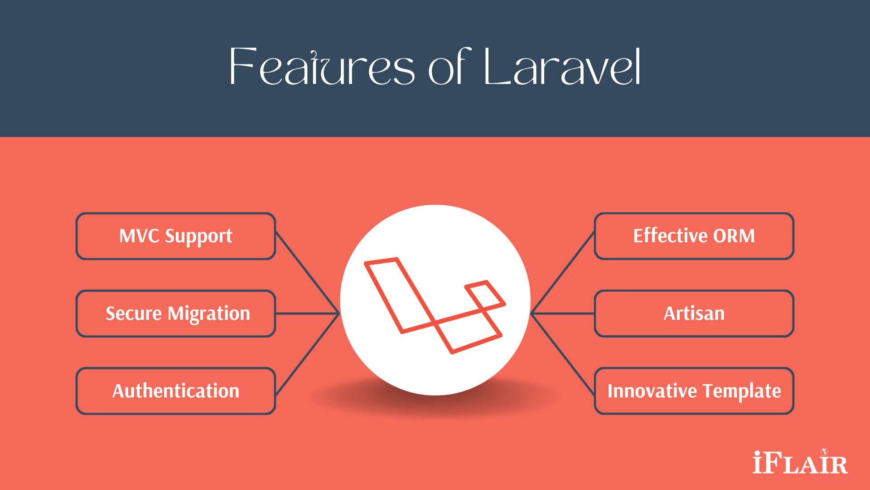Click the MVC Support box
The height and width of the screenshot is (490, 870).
coord(176,236)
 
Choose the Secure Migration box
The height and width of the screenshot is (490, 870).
coord(176,314)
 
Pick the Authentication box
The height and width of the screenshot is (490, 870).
coord(176,391)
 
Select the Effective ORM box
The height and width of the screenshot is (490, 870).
coord(694,236)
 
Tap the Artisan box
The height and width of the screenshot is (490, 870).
coord(694,314)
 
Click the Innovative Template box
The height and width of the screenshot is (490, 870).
coord(694,391)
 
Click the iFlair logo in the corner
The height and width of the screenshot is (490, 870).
coord(800,463)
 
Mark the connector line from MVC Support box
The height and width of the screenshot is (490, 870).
coord(307,272)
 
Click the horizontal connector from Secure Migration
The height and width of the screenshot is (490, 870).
coord(307,314)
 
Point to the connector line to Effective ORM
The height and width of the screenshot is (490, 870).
coord(563,272)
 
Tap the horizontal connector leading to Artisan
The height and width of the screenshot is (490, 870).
coord(563,314)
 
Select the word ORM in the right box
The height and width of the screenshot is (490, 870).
coord(734,236)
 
